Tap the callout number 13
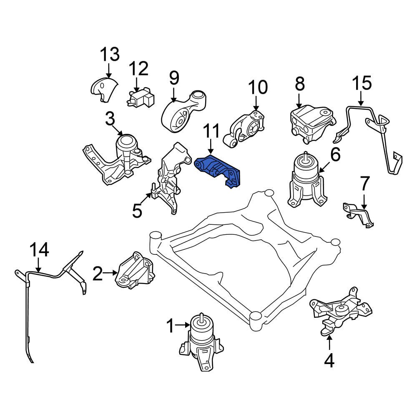[110, 54]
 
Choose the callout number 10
[258, 87]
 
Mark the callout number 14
[39, 250]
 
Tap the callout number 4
[329, 360]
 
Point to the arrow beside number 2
[110, 273]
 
